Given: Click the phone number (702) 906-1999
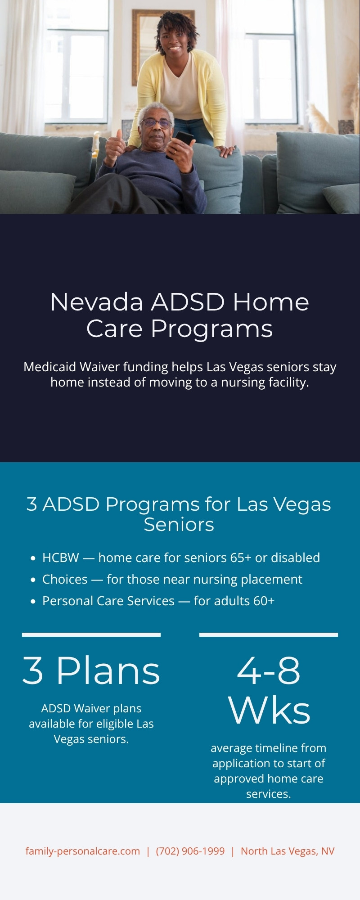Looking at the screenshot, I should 190,851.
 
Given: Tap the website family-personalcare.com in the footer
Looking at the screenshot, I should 82,851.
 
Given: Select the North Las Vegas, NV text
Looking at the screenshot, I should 287,851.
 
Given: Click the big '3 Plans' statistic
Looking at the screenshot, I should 91,670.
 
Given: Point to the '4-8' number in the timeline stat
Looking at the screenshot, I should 269,670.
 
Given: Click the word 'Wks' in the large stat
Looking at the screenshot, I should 269,710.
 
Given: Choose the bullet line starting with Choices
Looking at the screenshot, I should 172,579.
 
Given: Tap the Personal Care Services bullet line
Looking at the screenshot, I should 158,601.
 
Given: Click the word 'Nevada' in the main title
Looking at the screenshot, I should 96,301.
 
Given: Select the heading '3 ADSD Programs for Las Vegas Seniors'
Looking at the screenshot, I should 179,514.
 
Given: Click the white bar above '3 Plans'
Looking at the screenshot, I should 91,634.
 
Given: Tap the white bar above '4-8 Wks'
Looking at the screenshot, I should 269,634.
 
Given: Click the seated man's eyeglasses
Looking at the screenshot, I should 156,123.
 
